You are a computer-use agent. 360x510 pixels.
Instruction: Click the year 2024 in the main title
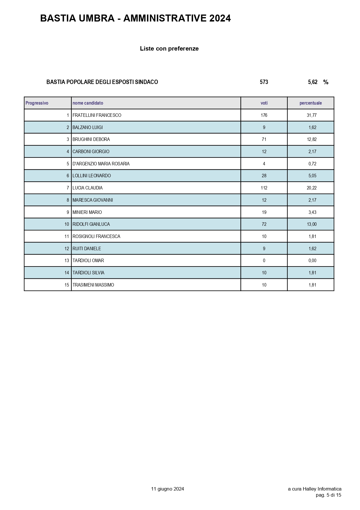pyautogui.click(x=220, y=19)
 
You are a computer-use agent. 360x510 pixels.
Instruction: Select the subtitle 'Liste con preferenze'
pyautogui.click(x=169, y=49)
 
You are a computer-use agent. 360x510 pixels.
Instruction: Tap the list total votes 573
pyautogui.click(x=264, y=82)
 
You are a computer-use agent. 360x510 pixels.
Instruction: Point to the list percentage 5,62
pyautogui.click(x=313, y=82)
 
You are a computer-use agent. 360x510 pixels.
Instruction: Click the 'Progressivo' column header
pyautogui.click(x=37, y=103)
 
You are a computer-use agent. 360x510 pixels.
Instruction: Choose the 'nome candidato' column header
pyautogui.click(x=88, y=103)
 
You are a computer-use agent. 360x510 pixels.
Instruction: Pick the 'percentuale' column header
pyautogui.click(x=311, y=103)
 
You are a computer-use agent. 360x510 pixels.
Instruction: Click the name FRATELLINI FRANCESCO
pyautogui.click(x=97, y=115)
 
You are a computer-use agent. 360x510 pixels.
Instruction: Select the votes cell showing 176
pyautogui.click(x=264, y=115)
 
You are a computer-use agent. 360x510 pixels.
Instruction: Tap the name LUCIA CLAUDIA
pyautogui.click(x=87, y=188)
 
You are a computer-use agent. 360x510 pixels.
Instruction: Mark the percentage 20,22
pyautogui.click(x=312, y=188)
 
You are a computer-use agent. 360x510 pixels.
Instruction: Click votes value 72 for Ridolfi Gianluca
pyautogui.click(x=264, y=224)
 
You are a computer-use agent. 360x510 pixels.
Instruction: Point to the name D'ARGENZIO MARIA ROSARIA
pyautogui.click(x=101, y=164)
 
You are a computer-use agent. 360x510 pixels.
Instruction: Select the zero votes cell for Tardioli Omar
pyautogui.click(x=264, y=261)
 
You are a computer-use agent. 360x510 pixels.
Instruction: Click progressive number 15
pyautogui.click(x=67, y=285)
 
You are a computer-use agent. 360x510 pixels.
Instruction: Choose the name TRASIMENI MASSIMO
pyautogui.click(x=93, y=285)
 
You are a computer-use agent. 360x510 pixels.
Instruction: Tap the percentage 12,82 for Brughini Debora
pyautogui.click(x=312, y=139)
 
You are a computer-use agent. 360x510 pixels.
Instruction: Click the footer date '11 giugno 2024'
pyautogui.click(x=168, y=489)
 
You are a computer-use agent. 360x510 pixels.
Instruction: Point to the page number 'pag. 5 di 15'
pyautogui.click(x=328, y=495)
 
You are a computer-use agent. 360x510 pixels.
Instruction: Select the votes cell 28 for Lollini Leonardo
pyautogui.click(x=264, y=176)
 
